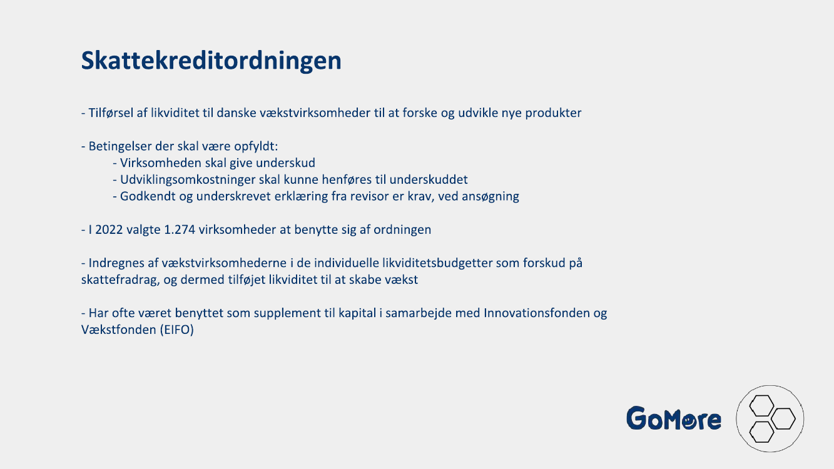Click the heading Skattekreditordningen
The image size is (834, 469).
click(211, 61)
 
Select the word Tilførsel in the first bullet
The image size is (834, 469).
click(111, 113)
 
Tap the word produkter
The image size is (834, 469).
click(553, 113)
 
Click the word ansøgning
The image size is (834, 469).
click(491, 196)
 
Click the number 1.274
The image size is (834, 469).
click(180, 229)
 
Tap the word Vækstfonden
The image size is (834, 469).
click(119, 330)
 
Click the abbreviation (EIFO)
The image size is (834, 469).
click(177, 330)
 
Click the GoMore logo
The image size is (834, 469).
click(674, 418)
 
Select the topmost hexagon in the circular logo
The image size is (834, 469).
click(761, 406)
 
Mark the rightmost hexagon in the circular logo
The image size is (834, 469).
click(783, 419)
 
